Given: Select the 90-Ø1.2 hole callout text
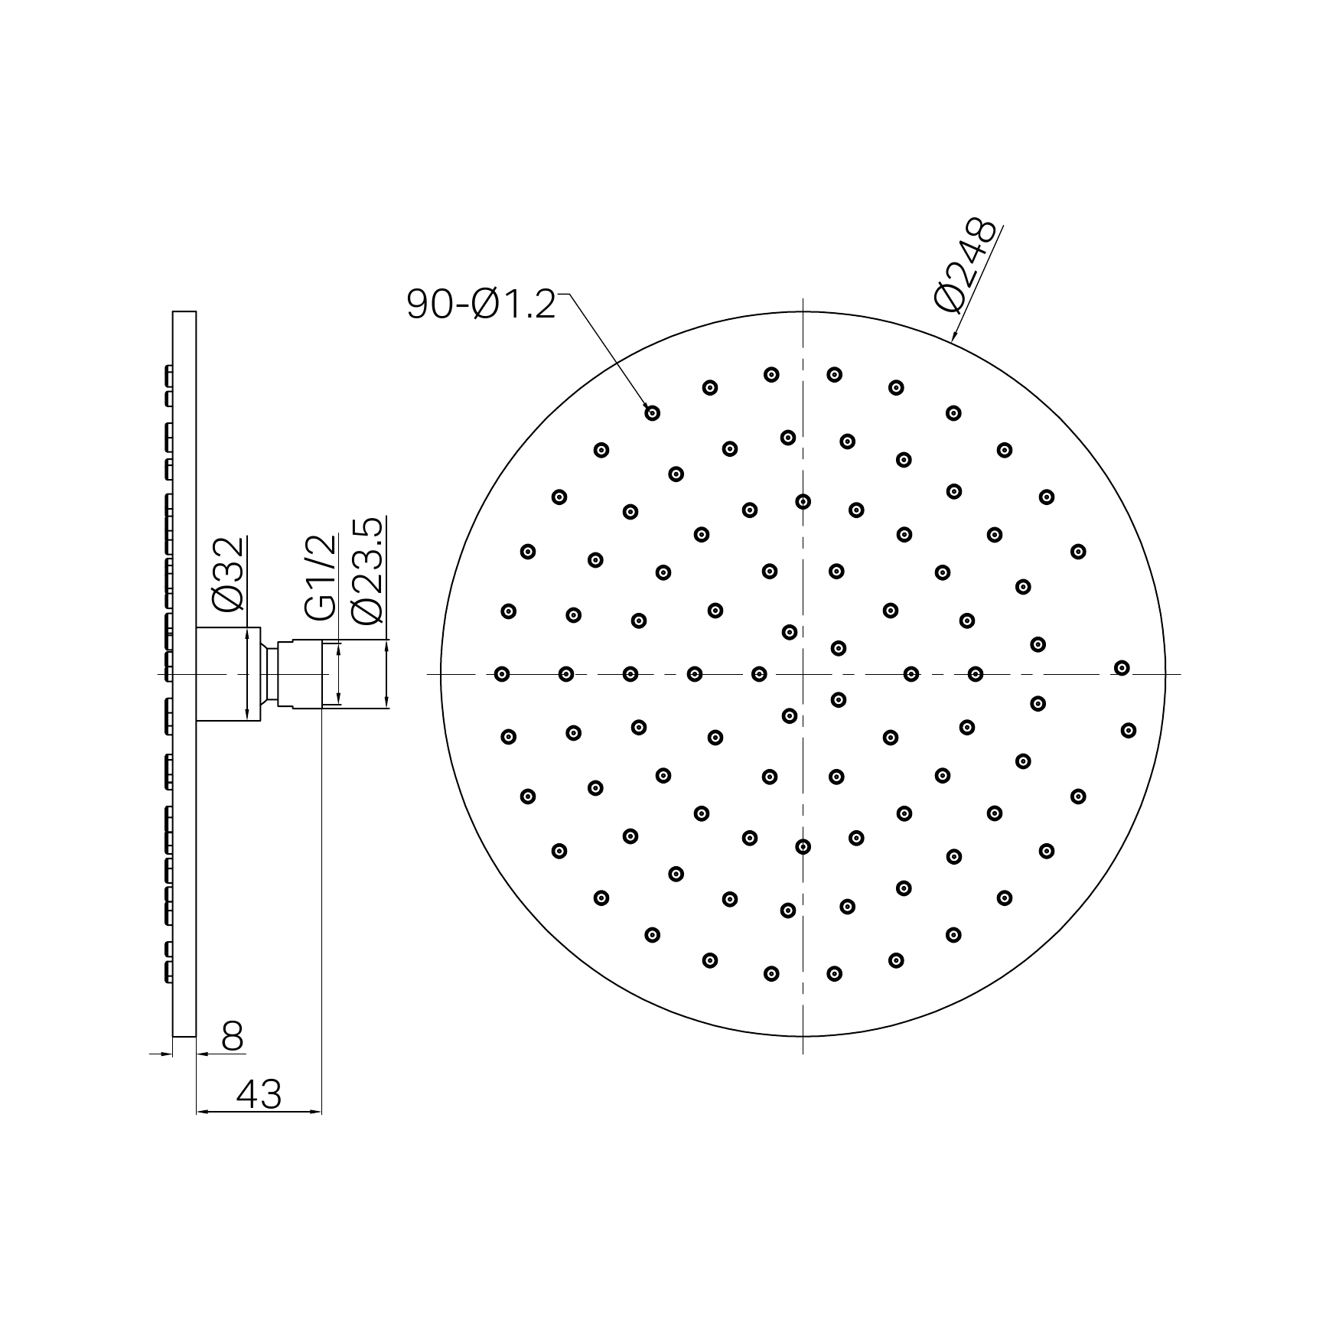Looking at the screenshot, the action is tap(481, 305).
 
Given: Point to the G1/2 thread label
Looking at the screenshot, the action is tap(321, 578).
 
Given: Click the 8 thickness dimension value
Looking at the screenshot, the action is tap(232, 1037).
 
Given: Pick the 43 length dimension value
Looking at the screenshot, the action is tap(259, 1094).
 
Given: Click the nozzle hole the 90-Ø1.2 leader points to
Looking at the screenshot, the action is tap(652, 413).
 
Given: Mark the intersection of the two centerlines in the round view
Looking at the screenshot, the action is tap(803, 674).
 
